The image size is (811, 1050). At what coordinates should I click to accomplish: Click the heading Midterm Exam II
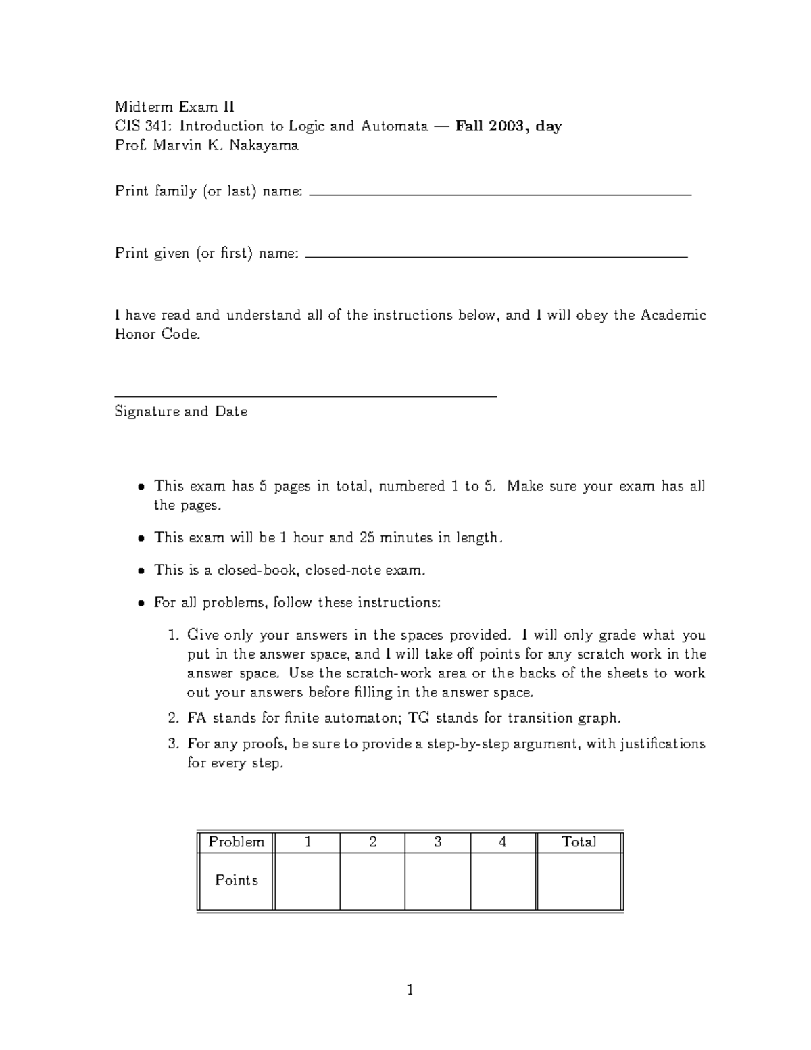[174, 107]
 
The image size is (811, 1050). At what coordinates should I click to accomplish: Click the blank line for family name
[500, 194]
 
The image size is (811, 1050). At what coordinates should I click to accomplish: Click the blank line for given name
[497, 257]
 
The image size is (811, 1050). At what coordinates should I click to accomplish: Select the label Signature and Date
[181, 412]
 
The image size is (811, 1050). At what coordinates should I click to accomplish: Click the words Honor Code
[157, 335]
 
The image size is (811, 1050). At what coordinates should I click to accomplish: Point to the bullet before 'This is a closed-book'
[141, 571]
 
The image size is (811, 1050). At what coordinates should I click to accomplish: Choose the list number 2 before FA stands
[172, 718]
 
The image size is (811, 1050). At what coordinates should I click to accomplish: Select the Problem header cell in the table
[236, 842]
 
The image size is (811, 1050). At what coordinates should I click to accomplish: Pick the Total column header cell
[579, 842]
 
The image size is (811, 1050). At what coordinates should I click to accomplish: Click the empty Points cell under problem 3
[437, 881]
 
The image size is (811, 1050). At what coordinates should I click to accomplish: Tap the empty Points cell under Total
[579, 881]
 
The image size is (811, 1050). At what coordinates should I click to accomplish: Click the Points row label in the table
[236, 880]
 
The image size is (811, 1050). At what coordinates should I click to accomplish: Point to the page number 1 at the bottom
[410, 991]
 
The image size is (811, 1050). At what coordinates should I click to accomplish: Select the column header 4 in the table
[502, 842]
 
